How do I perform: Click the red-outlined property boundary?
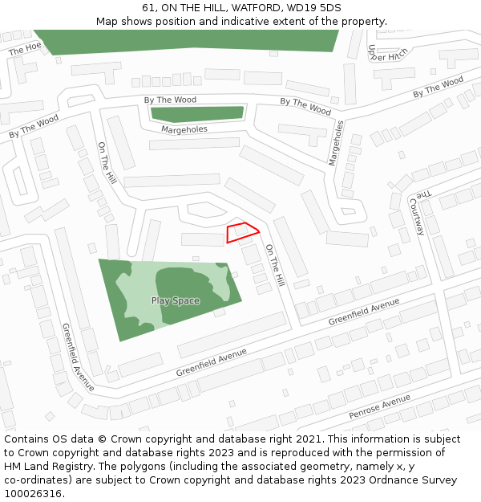click(x=242, y=232)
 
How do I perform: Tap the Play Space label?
click(x=176, y=301)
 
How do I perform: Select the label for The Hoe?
click(x=24, y=49)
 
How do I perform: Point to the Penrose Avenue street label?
click(x=379, y=408)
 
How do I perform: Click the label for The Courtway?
click(x=418, y=213)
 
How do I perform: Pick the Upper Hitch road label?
click(x=387, y=52)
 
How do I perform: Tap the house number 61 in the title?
click(x=148, y=7)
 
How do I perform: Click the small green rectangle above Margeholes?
click(x=197, y=113)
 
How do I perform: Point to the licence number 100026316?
click(x=34, y=494)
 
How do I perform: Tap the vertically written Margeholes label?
click(x=336, y=143)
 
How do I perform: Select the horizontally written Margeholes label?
click(x=184, y=129)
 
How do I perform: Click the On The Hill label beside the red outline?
click(x=275, y=266)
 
